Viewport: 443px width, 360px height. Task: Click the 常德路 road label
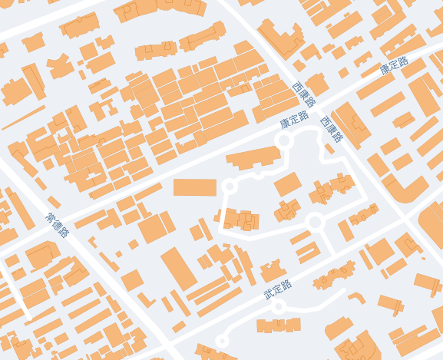(x=58, y=225)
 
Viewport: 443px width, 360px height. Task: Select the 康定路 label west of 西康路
(x=293, y=120)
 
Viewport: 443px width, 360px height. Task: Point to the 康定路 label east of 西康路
(x=394, y=67)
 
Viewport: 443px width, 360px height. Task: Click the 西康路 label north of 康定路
(x=304, y=95)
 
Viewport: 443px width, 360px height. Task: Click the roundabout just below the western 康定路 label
(x=283, y=140)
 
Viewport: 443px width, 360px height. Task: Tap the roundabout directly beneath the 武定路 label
(x=279, y=307)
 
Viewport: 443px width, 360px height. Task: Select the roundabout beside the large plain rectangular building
(x=228, y=186)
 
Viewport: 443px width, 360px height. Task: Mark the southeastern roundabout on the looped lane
(x=314, y=223)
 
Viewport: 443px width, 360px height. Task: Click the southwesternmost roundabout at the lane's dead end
(x=223, y=340)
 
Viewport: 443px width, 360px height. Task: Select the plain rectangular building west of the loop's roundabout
(x=195, y=187)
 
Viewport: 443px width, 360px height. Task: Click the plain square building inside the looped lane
(x=287, y=184)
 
